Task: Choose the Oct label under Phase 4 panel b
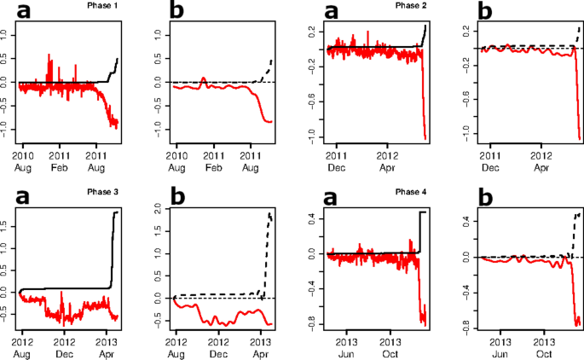click(543, 351)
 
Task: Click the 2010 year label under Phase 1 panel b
click(176, 156)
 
